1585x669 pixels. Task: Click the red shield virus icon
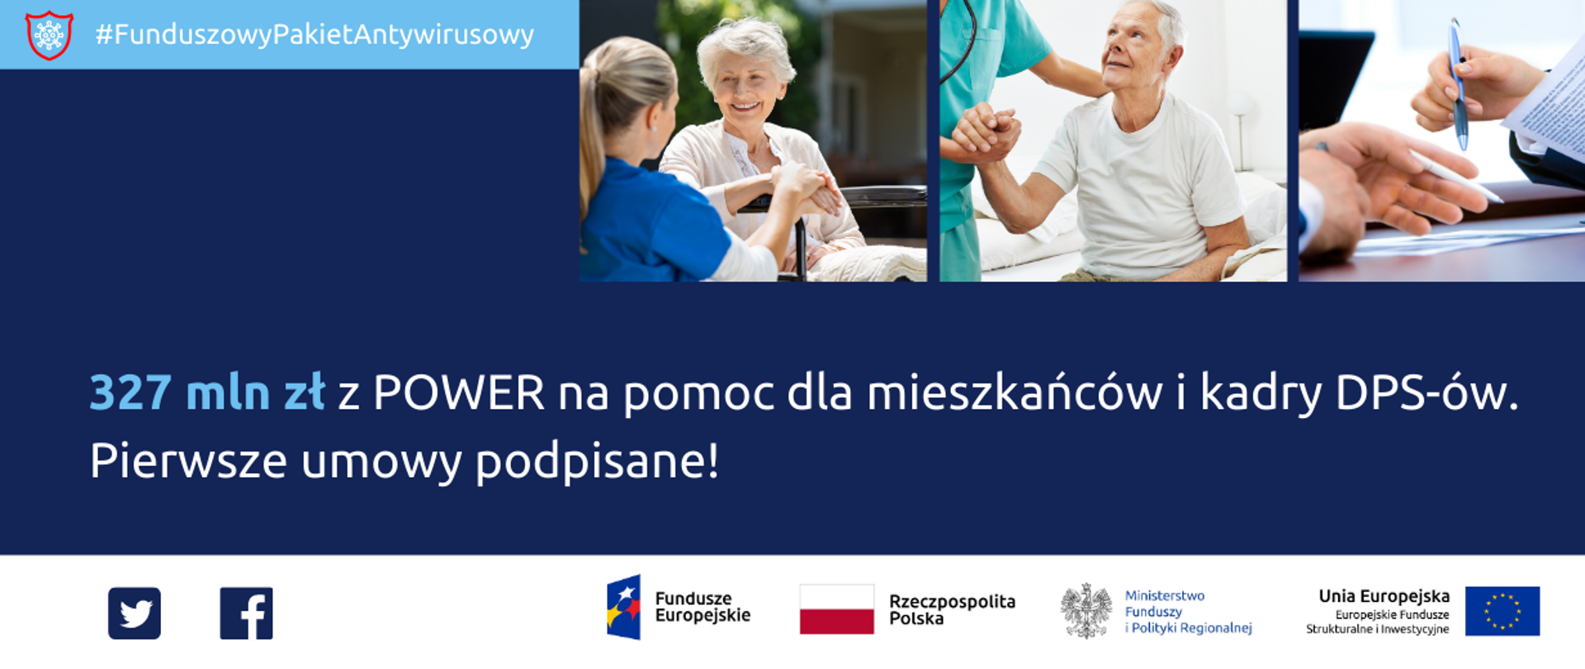coord(50,35)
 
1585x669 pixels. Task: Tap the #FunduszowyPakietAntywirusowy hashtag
coord(315,35)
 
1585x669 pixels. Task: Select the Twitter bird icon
coord(135,613)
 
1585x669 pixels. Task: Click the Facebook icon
coord(246,613)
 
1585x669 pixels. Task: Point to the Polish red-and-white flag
coord(836,610)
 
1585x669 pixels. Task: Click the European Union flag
coord(1502,611)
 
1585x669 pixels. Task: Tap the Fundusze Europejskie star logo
coord(624,607)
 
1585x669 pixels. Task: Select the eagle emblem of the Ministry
coord(1086,611)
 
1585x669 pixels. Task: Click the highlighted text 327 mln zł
coord(207,392)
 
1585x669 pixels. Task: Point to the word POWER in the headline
coord(459,392)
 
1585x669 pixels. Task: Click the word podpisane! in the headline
coord(597,461)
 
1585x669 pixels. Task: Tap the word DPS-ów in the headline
coord(1426,392)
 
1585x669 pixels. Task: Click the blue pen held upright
coord(1459,83)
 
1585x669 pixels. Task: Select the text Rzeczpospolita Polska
coord(952,610)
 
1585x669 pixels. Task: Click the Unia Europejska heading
coord(1384,595)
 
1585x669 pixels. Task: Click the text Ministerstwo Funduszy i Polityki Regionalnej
coord(1188,612)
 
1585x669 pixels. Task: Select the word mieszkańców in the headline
coord(1015,392)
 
